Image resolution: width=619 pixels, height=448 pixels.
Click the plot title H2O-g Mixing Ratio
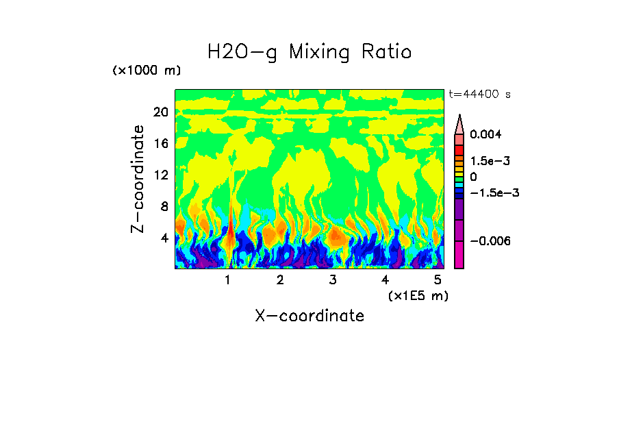309,52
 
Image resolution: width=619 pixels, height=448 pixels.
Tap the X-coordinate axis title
309,316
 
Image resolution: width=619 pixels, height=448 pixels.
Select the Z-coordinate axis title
138,179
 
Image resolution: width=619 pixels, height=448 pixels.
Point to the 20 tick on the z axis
161,112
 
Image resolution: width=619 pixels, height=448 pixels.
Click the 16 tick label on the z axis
161,144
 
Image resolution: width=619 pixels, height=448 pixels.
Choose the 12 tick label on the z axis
161,175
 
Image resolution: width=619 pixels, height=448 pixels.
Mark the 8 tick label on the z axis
164,207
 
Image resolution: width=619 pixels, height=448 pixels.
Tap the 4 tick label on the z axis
164,238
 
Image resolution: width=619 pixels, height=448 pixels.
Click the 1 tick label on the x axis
227,280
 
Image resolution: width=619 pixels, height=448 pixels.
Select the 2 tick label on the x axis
280,280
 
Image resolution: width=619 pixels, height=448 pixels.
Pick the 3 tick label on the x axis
333,280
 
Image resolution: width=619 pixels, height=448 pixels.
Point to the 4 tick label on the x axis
385,280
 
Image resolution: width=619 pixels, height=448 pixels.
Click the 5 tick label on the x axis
438,280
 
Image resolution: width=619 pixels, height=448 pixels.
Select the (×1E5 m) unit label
418,296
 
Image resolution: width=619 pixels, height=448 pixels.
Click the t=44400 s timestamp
479,95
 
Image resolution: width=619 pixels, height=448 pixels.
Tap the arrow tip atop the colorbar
459,118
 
